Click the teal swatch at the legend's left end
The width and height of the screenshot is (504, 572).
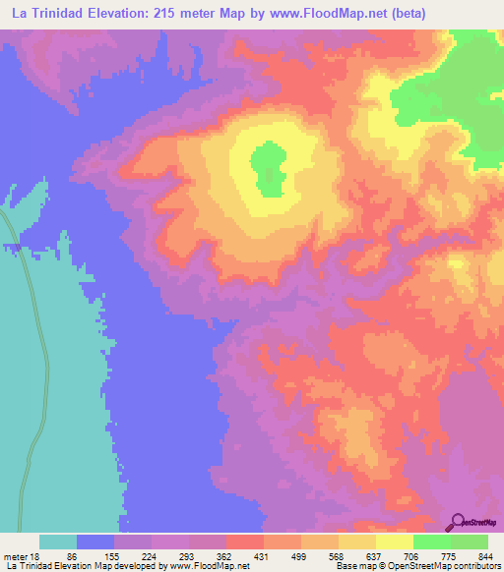click(x=58, y=542)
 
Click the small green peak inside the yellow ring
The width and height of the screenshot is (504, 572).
click(x=266, y=167)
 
